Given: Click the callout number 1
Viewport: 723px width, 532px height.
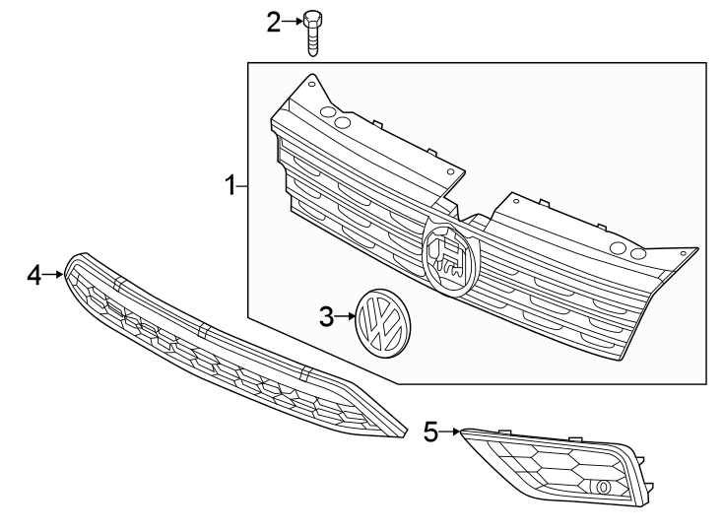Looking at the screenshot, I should tap(229, 185).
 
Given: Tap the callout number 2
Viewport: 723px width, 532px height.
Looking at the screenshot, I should tap(273, 21).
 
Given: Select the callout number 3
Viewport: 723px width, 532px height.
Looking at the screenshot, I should tap(326, 316).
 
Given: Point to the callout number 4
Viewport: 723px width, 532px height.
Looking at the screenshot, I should tap(34, 276).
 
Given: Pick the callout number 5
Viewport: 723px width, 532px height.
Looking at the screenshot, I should tap(429, 431).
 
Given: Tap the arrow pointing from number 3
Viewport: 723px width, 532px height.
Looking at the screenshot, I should tap(344, 316).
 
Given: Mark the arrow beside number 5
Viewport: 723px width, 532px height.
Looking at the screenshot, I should tap(449, 431).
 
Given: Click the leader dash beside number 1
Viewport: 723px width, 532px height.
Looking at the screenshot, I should tap(241, 185).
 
